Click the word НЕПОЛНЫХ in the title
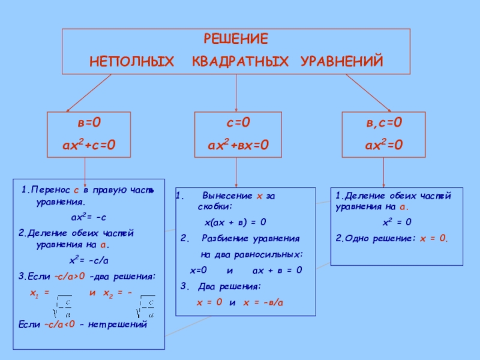133,61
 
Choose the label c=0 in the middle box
238,123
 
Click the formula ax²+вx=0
238,144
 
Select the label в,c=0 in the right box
385,123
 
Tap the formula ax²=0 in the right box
385,144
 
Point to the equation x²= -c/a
89,260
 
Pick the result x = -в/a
263,302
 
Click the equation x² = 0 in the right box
397,223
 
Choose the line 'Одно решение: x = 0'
392,238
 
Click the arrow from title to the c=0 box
236,93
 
